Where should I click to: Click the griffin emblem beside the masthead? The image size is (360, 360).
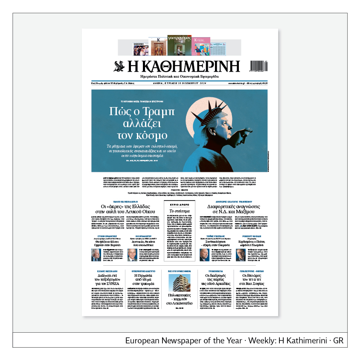tap(119, 66)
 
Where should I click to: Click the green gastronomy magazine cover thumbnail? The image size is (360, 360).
tap(179, 45)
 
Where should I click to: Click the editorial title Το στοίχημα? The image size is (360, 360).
tap(180, 211)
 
